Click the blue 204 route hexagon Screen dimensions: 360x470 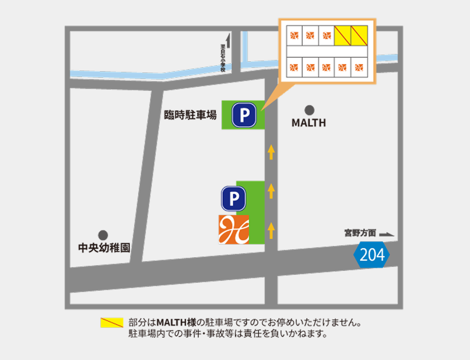[x=372, y=255]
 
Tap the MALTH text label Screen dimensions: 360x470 [x=309, y=123]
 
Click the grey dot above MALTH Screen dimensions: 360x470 [x=309, y=109]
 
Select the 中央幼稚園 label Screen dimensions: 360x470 [x=104, y=248]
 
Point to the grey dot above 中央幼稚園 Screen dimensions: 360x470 [x=103, y=235]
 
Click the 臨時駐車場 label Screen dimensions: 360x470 [x=190, y=116]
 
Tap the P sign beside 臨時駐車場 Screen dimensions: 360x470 [x=244, y=115]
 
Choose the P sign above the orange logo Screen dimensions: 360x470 [x=233, y=198]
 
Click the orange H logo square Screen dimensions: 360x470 [x=233, y=229]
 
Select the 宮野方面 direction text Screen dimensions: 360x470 [x=360, y=233]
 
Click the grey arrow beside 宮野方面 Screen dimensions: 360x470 [x=387, y=235]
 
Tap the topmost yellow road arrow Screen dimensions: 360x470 [x=271, y=153]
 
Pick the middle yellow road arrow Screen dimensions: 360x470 [x=271, y=191]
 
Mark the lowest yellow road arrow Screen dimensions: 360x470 [x=271, y=230]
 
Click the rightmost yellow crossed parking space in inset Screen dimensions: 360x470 [x=359, y=36]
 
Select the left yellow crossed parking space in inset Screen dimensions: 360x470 [x=342, y=36]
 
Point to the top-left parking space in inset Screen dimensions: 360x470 [x=294, y=36]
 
